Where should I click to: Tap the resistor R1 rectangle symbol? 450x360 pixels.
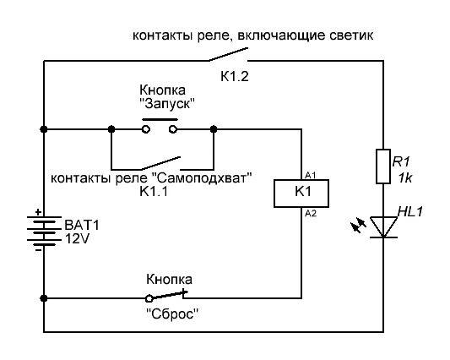point(383,166)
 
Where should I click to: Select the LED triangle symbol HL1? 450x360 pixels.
point(383,226)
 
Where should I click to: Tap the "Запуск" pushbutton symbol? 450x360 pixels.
point(160,128)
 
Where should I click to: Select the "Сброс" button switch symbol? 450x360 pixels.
point(168,295)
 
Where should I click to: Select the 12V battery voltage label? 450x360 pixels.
point(78,239)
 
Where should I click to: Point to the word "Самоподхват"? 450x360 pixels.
point(208,178)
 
